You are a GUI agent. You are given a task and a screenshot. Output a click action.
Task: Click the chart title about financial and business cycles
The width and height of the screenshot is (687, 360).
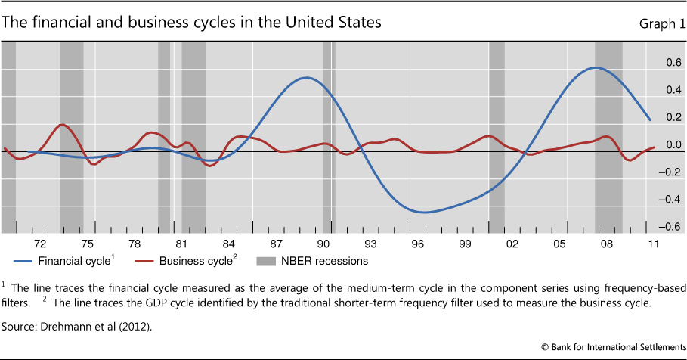pyautogui.click(x=191, y=23)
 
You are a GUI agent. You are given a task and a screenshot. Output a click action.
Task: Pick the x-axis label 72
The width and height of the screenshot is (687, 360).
pyautogui.click(x=40, y=243)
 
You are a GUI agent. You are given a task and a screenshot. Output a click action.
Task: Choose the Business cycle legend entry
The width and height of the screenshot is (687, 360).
pyautogui.click(x=188, y=262)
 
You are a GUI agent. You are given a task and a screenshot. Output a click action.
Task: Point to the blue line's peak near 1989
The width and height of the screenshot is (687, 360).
pyautogui.click(x=306, y=77)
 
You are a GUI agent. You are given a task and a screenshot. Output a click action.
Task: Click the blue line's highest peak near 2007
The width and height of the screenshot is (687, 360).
pyautogui.click(x=597, y=68)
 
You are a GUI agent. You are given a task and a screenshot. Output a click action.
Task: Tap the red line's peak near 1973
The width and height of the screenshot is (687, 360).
pyautogui.click(x=63, y=125)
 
